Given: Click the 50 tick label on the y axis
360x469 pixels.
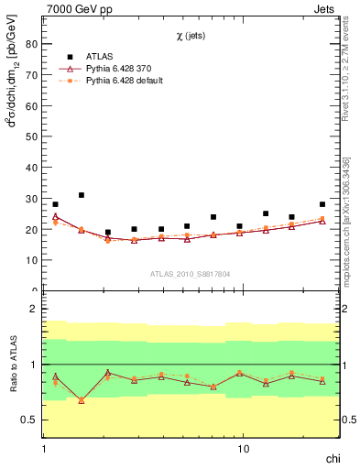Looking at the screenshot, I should coord(35,136).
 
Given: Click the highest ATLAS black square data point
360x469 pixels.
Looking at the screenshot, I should coord(82,195).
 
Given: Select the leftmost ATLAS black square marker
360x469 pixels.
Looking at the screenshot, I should coord(55,204).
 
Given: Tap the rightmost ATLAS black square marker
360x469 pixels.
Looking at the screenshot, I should coord(322,204).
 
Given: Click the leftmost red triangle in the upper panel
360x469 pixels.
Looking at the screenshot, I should coord(55,217).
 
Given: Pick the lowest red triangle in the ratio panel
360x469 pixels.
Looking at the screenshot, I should coord(82,400).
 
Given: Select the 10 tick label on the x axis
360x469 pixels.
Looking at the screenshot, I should coord(243,450).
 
